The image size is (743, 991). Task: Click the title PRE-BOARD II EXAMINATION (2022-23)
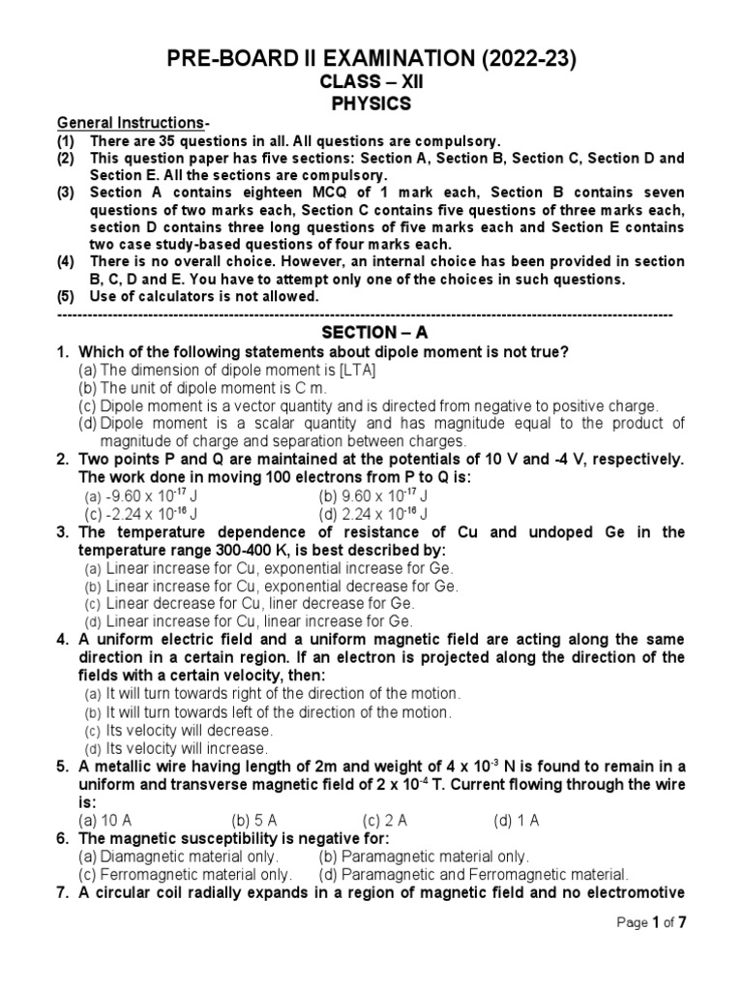(371, 60)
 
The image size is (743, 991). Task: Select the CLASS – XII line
(371, 83)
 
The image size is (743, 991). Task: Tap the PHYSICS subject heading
(371, 104)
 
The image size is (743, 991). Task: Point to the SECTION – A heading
(372, 332)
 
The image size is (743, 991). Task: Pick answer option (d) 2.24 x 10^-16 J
(374, 514)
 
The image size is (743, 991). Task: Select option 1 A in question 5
(517, 821)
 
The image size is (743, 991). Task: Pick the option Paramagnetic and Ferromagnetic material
(473, 874)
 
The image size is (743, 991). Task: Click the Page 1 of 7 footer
(651, 922)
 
